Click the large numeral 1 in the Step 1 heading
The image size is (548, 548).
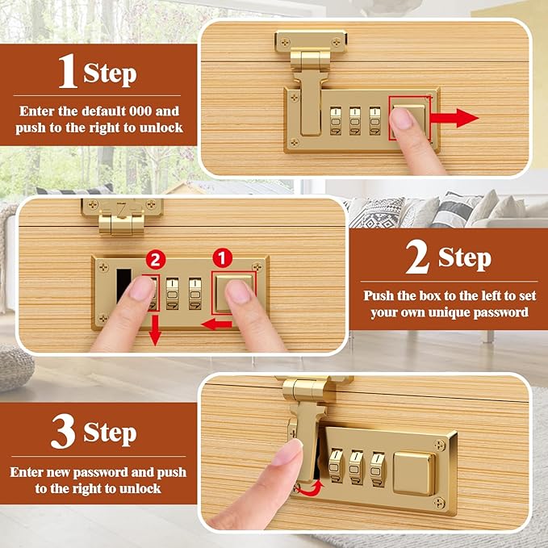click(x=68, y=71)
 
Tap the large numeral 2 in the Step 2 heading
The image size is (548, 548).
click(x=417, y=257)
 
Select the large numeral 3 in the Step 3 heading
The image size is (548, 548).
click(x=63, y=431)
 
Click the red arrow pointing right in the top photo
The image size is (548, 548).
click(x=454, y=118)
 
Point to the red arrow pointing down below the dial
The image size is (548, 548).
click(x=155, y=330)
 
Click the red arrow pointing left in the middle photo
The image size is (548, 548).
click(x=216, y=324)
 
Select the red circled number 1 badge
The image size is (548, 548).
click(x=223, y=258)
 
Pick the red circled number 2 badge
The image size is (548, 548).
click(x=156, y=260)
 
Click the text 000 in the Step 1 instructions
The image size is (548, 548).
click(x=141, y=111)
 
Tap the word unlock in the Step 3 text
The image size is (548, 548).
click(x=140, y=488)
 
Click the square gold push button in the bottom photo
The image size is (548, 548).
click(x=415, y=473)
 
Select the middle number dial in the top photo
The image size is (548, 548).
click(x=355, y=121)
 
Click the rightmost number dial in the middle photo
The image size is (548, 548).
click(x=195, y=294)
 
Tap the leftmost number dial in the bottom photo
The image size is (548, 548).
click(x=337, y=466)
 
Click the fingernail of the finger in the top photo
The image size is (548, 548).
click(x=401, y=119)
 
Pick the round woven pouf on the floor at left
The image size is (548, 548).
click(x=15, y=368)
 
